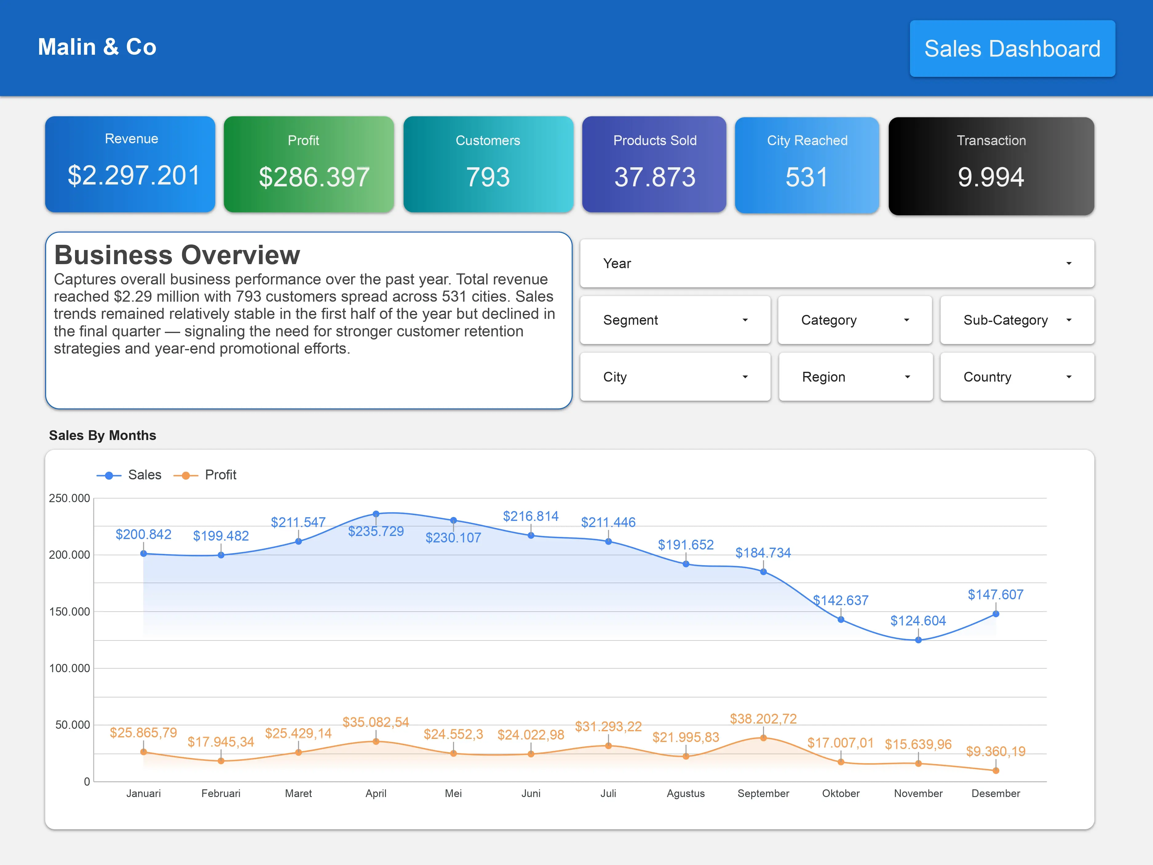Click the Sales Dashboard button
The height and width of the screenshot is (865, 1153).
click(x=1012, y=49)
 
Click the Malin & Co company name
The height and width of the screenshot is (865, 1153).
click(x=97, y=47)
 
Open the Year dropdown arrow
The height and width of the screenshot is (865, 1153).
click(x=1068, y=263)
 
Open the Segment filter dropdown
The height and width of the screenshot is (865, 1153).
click(x=675, y=320)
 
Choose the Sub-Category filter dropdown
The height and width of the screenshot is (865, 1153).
click(x=1016, y=320)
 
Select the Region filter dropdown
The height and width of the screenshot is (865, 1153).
click(x=855, y=377)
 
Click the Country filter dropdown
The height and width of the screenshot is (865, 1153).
click(x=1016, y=377)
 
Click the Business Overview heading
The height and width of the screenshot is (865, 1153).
click(x=177, y=255)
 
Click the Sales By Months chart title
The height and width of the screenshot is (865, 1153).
click(x=103, y=435)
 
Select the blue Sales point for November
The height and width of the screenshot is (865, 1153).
click(x=918, y=640)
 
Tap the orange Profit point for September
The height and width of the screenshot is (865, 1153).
click(x=763, y=738)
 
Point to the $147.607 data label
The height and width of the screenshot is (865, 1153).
click(x=995, y=594)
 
